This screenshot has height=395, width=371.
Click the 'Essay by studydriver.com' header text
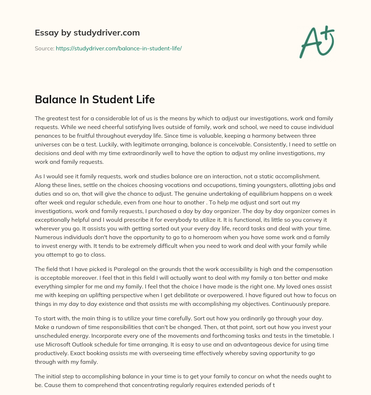tap(87, 33)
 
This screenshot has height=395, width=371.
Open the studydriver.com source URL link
tap(118, 48)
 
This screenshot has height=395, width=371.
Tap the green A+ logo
tap(316, 42)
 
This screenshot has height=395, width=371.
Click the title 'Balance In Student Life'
tap(95, 100)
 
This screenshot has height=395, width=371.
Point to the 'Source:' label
tap(44, 48)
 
